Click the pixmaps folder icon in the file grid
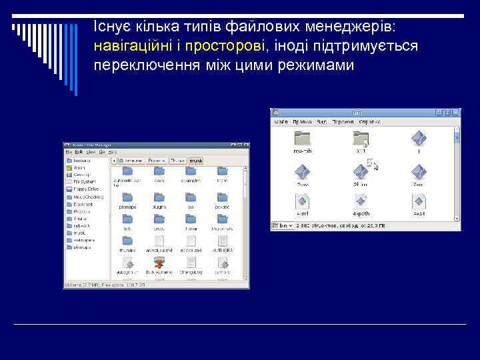pos(127,198)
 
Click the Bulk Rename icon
pos(159,263)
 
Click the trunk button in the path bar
pos(196,161)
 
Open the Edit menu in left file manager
pos(79,152)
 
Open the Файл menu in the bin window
pos(281,122)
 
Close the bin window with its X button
pos(456,113)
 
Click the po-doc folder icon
pos(222,198)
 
